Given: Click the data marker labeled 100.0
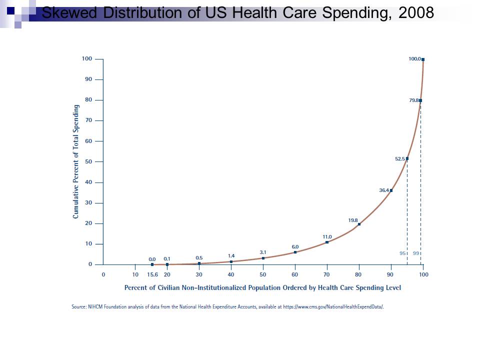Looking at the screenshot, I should [423, 59].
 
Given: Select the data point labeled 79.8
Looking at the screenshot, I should [420, 100].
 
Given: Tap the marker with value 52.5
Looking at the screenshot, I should [407, 159].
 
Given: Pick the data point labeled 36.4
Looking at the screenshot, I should [391, 190].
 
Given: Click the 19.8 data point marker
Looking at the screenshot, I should [359, 224].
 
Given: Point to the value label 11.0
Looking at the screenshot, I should [327, 236].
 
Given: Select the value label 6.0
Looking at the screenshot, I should [295, 246].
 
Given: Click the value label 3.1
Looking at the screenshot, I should [263, 252].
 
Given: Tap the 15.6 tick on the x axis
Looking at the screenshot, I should [152, 274].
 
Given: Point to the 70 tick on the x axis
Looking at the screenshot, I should [326, 274].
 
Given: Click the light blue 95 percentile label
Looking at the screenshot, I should [402, 253].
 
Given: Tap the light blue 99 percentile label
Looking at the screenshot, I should [416, 253].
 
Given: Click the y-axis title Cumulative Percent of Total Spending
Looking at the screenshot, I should [76, 161].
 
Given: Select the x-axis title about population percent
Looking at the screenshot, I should [262, 287].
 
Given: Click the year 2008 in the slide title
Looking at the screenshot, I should [416, 13].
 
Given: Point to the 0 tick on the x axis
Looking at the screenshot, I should [103, 274].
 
